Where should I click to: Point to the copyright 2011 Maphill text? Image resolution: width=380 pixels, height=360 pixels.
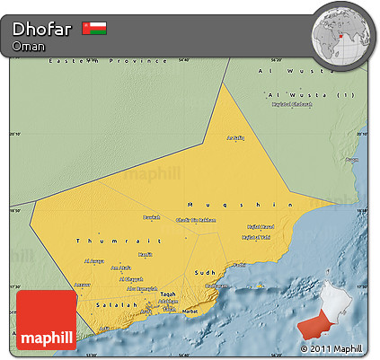click(331, 348)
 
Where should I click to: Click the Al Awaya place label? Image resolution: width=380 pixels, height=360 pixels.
click(94, 261)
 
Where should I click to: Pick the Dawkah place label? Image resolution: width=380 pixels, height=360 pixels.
click(153, 216)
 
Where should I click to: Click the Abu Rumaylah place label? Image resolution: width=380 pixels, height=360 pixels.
click(143, 288)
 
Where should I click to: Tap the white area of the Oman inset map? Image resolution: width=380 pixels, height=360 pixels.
click(336, 297)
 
